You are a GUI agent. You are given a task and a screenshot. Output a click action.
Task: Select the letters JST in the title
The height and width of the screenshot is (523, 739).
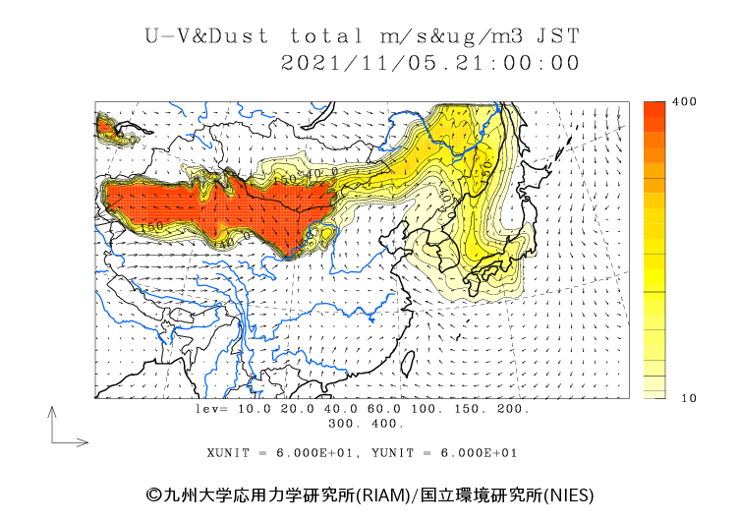[556, 36]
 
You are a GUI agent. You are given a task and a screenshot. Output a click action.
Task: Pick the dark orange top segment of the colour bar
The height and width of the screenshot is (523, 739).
[654, 113]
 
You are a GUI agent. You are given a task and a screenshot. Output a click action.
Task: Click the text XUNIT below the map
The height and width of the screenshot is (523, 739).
[228, 453]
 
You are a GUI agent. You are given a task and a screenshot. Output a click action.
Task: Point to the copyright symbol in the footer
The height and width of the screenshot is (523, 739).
[153, 494]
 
